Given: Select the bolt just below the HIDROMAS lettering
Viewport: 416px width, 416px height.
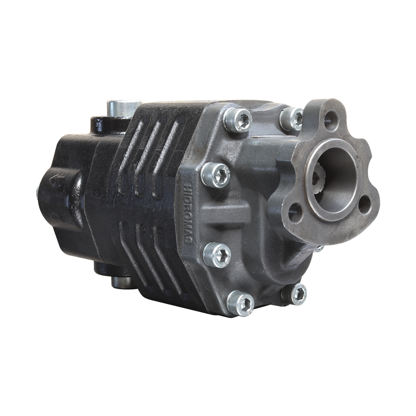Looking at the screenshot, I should coord(217,255).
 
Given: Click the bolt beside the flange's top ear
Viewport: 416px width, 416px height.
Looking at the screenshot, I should coord(291,118).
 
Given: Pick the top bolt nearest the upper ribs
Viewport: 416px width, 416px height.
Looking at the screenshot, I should coord(238,120).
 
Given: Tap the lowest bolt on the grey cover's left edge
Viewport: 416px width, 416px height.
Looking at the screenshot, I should coord(240,303).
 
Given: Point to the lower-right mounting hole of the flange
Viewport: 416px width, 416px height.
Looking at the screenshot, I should coord(364,205).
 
